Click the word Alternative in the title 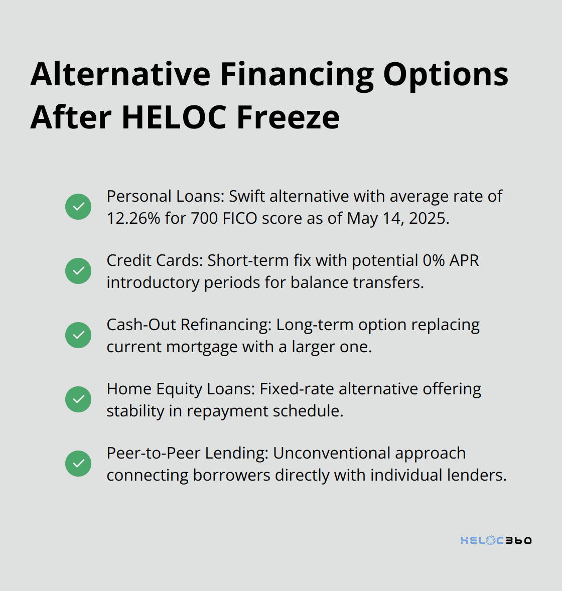pyautogui.click(x=120, y=74)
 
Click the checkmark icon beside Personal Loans pyautogui.click(x=78, y=207)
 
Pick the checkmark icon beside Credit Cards pyautogui.click(x=78, y=271)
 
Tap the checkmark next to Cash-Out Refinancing pyautogui.click(x=78, y=335)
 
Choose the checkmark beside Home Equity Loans pyautogui.click(x=78, y=399)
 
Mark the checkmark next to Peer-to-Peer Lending pyautogui.click(x=78, y=464)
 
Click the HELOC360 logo pyautogui.click(x=496, y=540)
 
